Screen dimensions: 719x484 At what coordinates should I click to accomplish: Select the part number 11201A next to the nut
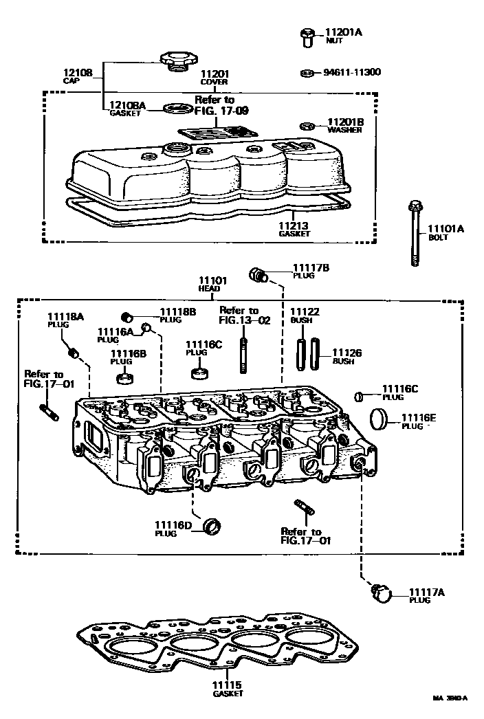tap(344, 32)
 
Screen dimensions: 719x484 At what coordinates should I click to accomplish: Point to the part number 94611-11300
tap(352, 72)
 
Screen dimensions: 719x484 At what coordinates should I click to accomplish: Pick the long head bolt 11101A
tap(415, 234)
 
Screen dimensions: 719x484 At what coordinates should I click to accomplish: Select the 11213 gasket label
tap(294, 225)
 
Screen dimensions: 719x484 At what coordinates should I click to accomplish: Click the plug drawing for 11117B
tap(259, 275)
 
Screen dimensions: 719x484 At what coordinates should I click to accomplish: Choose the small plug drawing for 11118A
tap(74, 354)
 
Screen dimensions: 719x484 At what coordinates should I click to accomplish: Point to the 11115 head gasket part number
tap(228, 685)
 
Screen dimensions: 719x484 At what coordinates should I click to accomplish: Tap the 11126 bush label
tap(347, 353)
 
